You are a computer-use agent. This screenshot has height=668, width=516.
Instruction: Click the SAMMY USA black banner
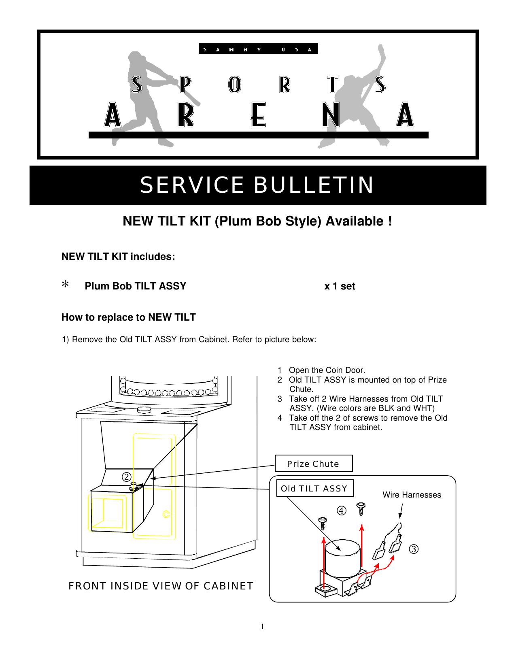tap(258, 49)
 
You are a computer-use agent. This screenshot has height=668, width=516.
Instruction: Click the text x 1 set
tap(340, 286)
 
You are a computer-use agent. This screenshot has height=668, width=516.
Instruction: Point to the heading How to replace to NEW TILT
tap(128, 317)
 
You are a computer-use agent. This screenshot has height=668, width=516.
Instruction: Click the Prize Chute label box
tap(313, 464)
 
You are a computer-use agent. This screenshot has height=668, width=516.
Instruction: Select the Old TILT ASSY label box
tap(314, 488)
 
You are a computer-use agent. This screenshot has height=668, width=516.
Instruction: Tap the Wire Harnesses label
tap(412, 495)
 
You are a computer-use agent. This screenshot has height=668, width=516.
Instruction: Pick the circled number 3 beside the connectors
tap(413, 549)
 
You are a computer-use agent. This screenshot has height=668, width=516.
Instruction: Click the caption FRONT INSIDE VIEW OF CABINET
tap(161, 586)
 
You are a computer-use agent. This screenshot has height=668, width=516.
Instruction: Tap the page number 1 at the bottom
tap(262, 626)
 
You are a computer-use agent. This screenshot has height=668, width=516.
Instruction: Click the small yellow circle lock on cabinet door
tap(166, 514)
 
